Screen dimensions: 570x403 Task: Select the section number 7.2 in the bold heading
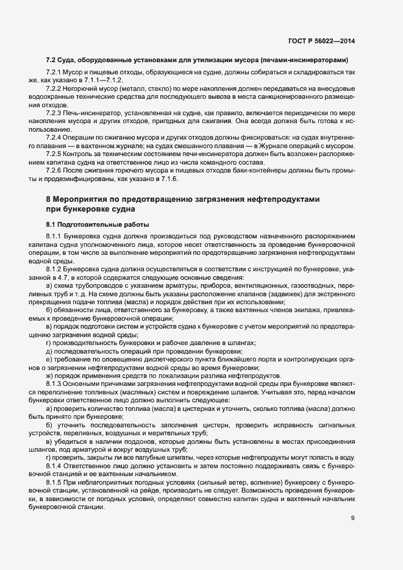coord(51,60)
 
